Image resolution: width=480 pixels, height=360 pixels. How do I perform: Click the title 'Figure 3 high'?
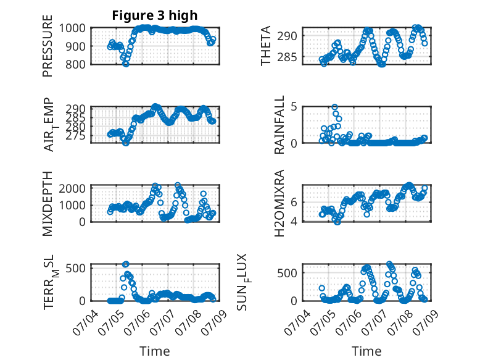click(x=155, y=15)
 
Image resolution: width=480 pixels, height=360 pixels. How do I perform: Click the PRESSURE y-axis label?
click(x=48, y=46)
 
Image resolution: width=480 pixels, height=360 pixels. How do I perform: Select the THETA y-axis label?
click(x=266, y=46)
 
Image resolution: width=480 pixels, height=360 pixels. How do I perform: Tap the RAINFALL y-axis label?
click(x=279, y=124)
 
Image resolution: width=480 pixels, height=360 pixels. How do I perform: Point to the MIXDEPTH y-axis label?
click(x=48, y=204)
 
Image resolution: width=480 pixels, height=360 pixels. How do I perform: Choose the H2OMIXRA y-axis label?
click(x=279, y=203)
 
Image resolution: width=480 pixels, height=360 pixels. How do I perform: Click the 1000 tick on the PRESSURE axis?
click(x=72, y=28)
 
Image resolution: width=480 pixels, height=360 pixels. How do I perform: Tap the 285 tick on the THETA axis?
click(x=287, y=57)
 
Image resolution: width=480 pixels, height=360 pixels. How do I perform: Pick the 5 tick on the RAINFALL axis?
click(x=294, y=107)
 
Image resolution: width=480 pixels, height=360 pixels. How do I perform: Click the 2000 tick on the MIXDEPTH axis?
click(x=72, y=188)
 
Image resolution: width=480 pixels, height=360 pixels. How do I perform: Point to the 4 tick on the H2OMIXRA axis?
click(x=294, y=221)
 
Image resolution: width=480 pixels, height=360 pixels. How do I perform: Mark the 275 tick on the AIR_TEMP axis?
click(x=75, y=136)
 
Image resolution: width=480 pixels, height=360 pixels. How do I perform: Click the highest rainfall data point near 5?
click(x=334, y=107)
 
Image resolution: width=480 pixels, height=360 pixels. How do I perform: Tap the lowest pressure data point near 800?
click(x=125, y=64)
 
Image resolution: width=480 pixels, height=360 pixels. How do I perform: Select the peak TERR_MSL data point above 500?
click(x=126, y=264)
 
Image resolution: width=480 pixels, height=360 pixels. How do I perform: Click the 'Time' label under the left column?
click(x=155, y=351)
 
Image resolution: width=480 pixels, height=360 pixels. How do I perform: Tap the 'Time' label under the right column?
click(x=366, y=351)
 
